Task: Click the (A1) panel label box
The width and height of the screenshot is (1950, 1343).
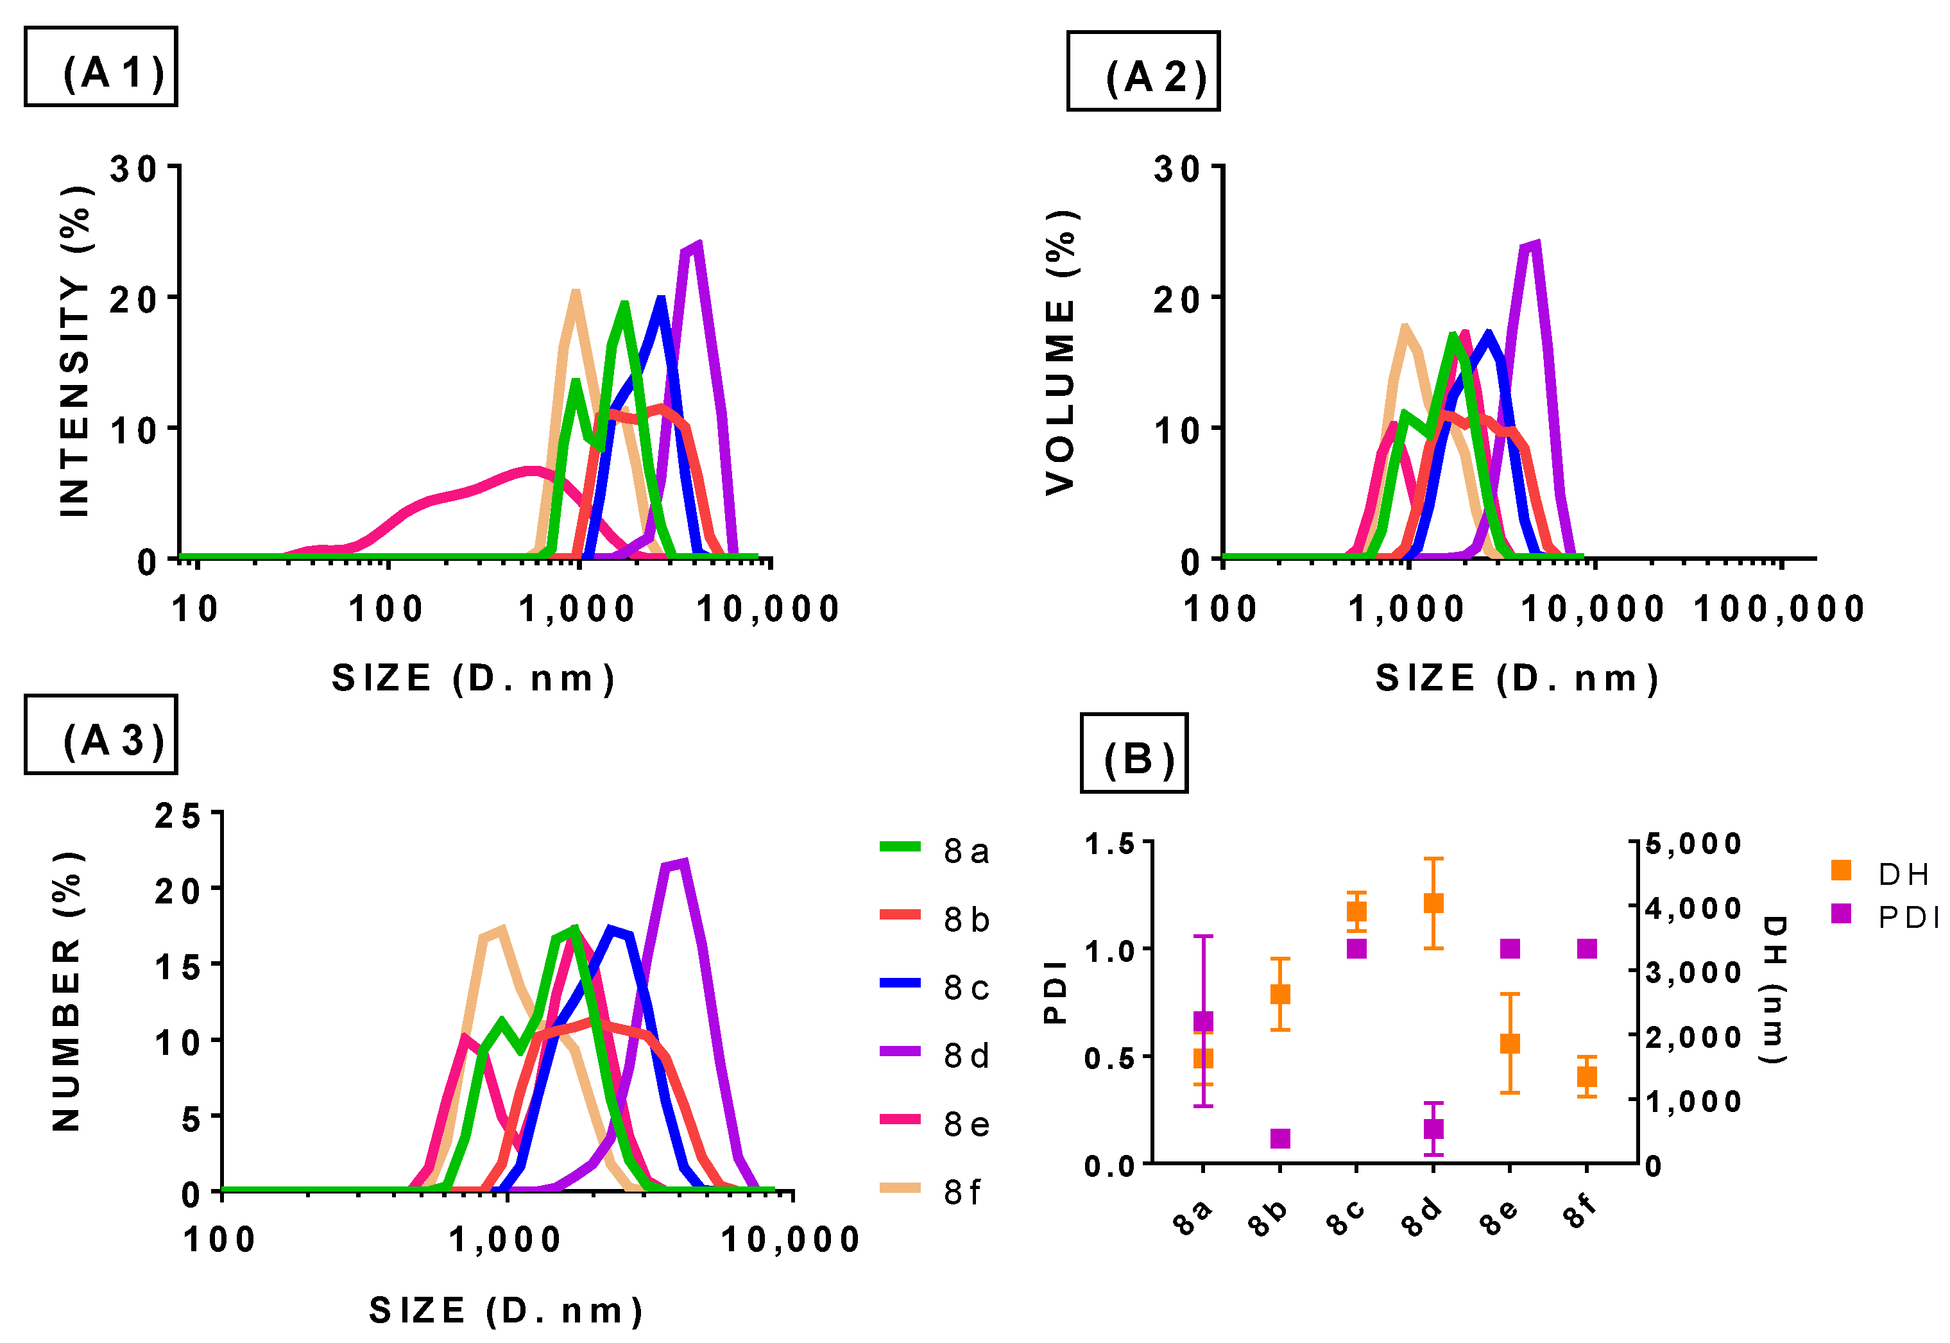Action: [100, 67]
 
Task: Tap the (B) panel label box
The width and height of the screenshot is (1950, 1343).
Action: [1133, 753]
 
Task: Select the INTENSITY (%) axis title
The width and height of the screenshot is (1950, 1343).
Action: [75, 351]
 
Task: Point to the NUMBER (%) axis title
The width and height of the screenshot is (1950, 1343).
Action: [67, 991]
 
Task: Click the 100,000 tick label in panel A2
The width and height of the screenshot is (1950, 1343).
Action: [1779, 609]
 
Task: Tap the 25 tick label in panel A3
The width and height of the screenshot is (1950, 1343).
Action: [178, 816]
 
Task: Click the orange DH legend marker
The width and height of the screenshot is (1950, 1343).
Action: [1841, 870]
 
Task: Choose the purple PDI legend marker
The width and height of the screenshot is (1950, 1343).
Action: [1841, 913]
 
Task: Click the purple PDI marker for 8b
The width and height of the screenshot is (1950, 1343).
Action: [1279, 1138]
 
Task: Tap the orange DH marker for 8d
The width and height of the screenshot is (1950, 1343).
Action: [1433, 903]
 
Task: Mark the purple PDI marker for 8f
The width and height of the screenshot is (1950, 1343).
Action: [1587, 948]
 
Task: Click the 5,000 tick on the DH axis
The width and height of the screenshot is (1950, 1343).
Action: [1693, 844]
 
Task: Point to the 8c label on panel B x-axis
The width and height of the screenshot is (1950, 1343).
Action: [1347, 1218]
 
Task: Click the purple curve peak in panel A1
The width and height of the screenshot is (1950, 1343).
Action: [695, 246]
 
